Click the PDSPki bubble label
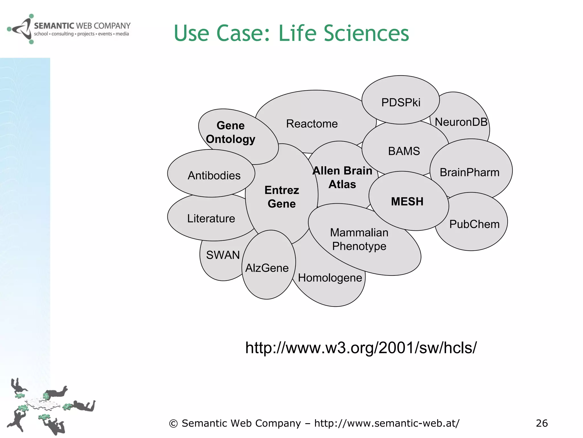pyautogui.click(x=401, y=102)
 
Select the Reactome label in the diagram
pyautogui.click(x=312, y=124)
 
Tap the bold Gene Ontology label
pyautogui.click(x=231, y=132)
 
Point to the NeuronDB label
pyautogui.click(x=461, y=122)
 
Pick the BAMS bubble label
pyautogui.click(x=404, y=151)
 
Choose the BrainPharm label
pyautogui.click(x=469, y=173)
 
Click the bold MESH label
pyautogui.click(x=407, y=202)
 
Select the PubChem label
pyautogui.click(x=474, y=224)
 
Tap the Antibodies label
pyautogui.click(x=214, y=176)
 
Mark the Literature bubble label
pyautogui.click(x=211, y=218)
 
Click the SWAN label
pyautogui.click(x=223, y=255)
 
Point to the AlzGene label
pyautogui.click(x=267, y=268)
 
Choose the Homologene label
pyautogui.click(x=330, y=278)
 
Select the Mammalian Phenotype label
pyautogui.click(x=359, y=239)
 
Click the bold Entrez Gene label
pyautogui.click(x=282, y=197)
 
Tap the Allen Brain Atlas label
pyautogui.click(x=342, y=178)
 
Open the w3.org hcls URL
pyautogui.click(x=361, y=348)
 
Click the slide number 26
pyautogui.click(x=541, y=423)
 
